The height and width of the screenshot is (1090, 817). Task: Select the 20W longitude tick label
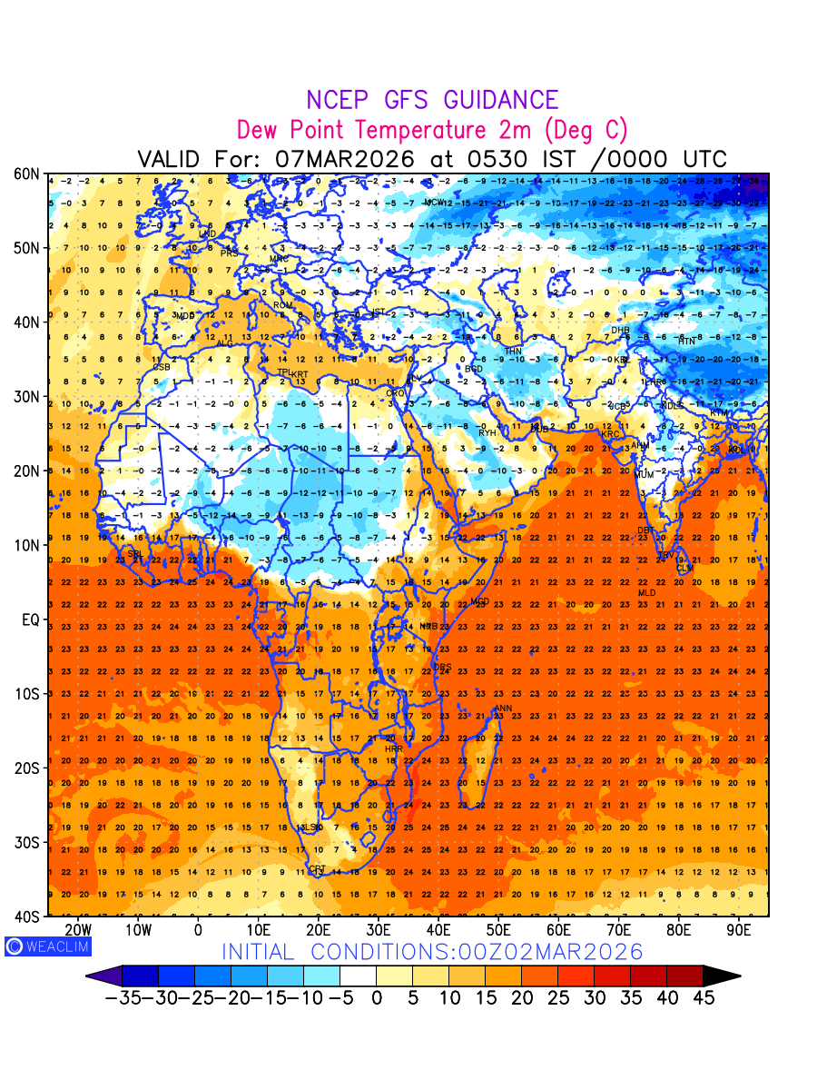coord(79,930)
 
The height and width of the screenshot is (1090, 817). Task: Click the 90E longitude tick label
coord(740,930)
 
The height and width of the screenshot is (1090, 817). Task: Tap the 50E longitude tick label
coord(498,930)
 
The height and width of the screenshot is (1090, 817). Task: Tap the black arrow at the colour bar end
coord(722,976)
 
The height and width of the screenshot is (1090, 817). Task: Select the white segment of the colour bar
coord(358,976)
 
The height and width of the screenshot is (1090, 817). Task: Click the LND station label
coord(207,234)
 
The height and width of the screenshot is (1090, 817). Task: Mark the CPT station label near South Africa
coord(318,869)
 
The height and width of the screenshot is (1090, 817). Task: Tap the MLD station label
coord(646,593)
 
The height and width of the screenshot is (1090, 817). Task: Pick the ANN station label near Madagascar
coord(502,708)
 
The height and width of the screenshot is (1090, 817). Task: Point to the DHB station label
coord(620,331)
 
